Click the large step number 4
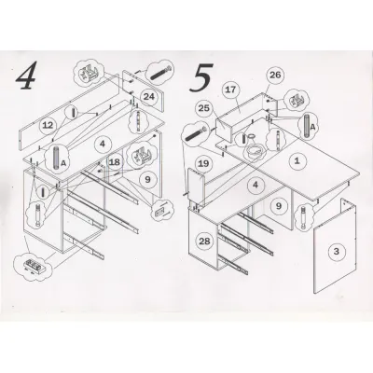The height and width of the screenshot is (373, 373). (26, 76)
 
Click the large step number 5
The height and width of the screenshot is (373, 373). (201, 77)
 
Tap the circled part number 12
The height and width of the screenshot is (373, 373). (48, 126)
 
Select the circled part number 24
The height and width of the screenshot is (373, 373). (148, 97)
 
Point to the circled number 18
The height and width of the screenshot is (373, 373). (115, 162)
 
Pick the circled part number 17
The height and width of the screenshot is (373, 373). (231, 90)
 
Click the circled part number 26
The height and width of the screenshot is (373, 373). (275, 75)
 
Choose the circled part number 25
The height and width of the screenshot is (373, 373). (204, 108)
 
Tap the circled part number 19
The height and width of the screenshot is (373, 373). (203, 163)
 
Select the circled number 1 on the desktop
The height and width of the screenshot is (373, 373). (297, 161)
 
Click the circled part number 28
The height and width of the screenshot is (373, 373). (204, 242)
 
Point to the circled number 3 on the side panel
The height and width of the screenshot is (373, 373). (337, 252)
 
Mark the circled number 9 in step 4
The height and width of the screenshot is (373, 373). (147, 180)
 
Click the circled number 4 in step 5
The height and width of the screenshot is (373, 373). (256, 186)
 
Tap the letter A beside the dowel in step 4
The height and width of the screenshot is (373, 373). (63, 162)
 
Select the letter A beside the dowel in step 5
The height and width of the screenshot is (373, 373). (312, 127)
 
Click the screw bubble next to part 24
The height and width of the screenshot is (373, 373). (160, 73)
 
